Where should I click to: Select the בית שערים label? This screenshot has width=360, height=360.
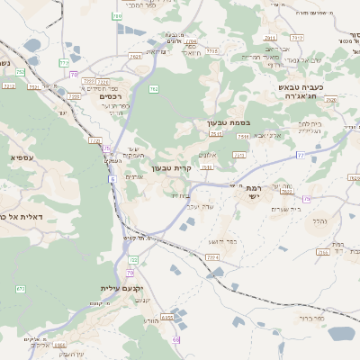tap(289, 209)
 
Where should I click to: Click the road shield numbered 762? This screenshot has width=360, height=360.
tap(154, 89)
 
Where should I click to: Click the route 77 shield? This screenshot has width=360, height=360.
tap(301, 155)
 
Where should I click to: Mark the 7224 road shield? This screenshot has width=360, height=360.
tap(213, 257)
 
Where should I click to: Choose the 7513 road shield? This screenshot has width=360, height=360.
tap(242, 136)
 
